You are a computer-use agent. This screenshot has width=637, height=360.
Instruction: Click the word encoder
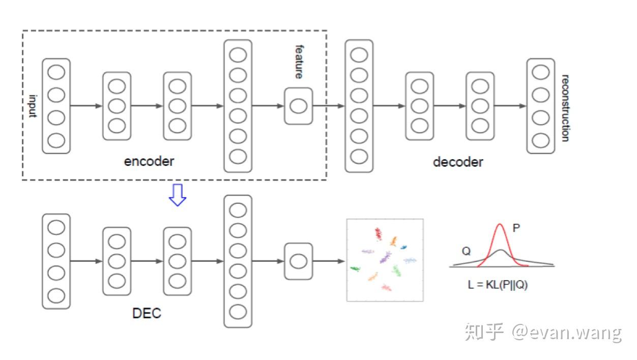coord(149,161)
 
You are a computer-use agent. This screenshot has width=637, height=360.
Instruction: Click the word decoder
coord(457,162)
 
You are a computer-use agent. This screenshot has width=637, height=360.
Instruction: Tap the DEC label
coord(147,313)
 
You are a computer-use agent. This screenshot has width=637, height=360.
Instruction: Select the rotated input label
coord(33,106)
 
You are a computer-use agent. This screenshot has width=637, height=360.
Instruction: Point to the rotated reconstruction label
coord(565,108)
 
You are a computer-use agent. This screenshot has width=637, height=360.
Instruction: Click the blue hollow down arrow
coord(177,195)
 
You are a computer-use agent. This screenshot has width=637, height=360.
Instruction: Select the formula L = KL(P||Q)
coord(498,285)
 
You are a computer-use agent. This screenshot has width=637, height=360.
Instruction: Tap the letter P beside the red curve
coord(516,229)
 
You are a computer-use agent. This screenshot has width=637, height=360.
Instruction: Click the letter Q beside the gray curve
coord(466,251)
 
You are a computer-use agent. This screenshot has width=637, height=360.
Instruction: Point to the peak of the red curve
coord(501,225)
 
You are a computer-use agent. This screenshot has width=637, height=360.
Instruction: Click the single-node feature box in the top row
coord(298,106)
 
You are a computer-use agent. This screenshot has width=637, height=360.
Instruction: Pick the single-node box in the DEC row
coord(298,261)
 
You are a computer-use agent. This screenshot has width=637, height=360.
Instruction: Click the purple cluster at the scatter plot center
coord(385,257)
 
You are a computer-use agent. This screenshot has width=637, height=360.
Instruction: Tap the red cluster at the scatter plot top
coord(378,233)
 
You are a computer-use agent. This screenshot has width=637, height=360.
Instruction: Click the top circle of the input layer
coord(56,72)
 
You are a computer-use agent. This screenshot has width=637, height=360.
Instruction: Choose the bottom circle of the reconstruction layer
coord(540,139)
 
